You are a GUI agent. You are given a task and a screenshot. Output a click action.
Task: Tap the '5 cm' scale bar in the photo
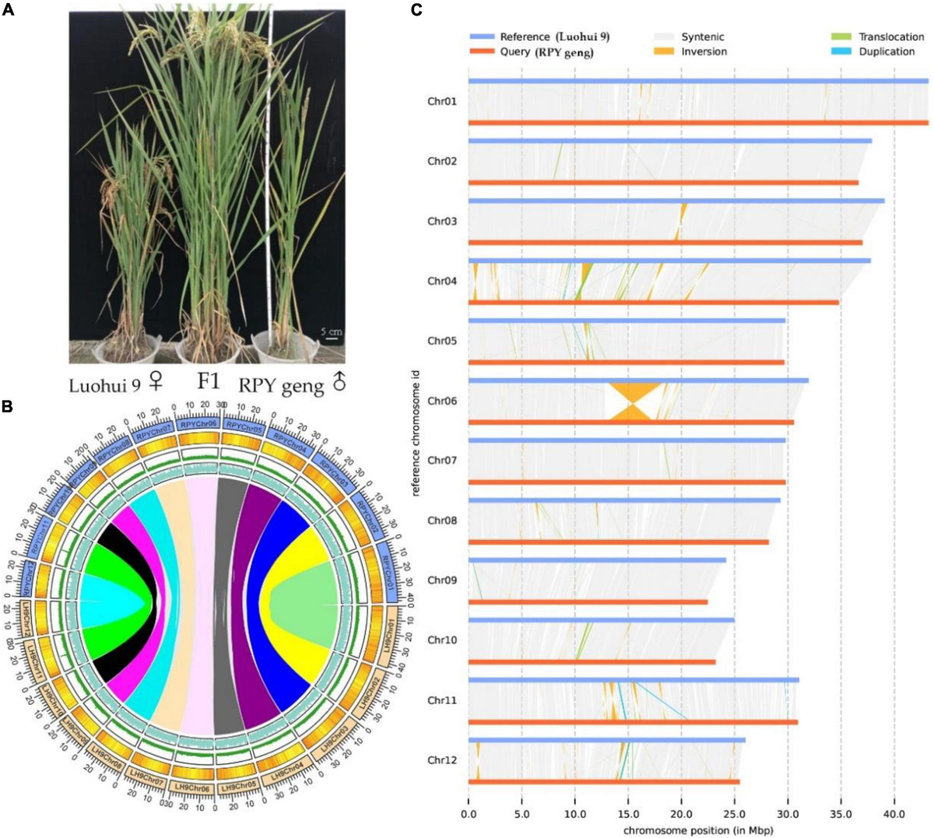332,334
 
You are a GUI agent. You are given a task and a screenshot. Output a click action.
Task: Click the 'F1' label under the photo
208,382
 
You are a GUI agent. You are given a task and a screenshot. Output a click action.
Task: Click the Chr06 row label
442,401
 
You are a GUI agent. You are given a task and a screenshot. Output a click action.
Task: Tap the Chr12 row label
442,760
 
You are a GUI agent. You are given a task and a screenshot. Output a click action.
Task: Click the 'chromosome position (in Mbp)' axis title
697,829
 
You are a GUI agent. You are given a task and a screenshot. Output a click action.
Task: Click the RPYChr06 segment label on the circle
198,424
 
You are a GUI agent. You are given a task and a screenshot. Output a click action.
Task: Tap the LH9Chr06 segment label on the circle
191,788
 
